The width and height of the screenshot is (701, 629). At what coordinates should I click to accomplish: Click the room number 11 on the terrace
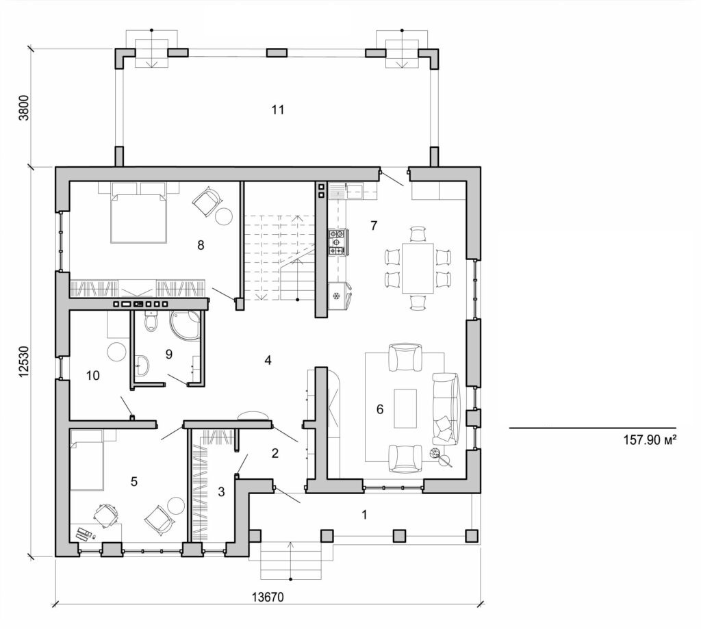click(277, 109)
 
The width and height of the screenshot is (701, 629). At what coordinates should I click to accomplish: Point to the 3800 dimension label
click(25, 107)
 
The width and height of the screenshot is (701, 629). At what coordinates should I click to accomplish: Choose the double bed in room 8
click(139, 218)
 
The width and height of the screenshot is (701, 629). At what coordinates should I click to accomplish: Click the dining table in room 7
click(417, 268)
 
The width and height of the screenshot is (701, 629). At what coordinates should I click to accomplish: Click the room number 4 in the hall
click(268, 360)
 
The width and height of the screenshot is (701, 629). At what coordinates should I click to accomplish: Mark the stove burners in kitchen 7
click(337, 242)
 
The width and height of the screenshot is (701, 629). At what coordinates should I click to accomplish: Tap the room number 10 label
click(93, 375)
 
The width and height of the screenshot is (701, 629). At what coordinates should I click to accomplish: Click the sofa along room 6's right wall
click(446, 407)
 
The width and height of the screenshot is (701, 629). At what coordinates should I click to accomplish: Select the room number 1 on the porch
click(364, 515)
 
